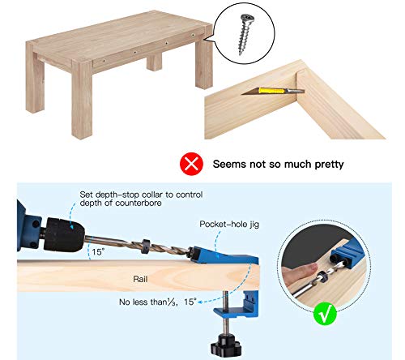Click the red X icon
tap(190, 165)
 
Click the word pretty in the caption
tap(325, 165)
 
